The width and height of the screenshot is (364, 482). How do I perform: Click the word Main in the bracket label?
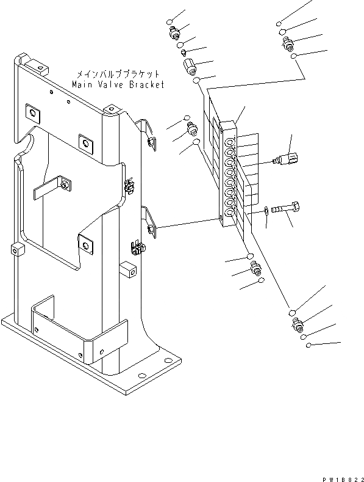tap(82, 85)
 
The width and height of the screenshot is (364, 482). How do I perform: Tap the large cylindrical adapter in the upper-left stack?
tap(189, 65)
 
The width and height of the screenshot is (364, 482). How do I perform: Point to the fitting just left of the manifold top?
tap(192, 128)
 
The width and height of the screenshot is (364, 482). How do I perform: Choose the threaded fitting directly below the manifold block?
tap(255, 268)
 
